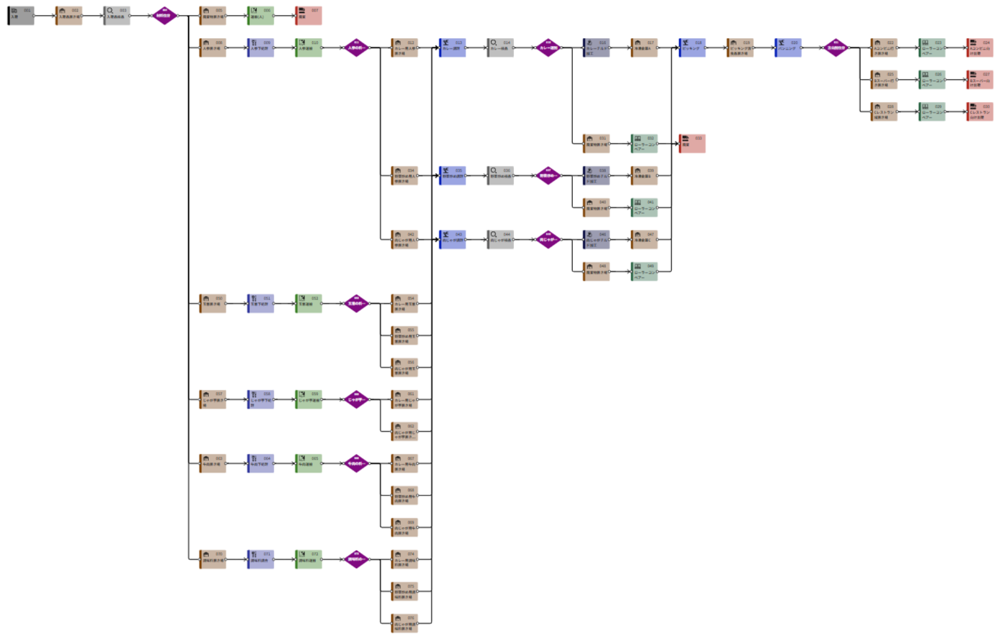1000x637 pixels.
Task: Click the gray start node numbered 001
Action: pos(21,16)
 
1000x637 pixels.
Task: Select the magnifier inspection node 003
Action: pos(117,16)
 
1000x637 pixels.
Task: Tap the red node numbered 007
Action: pos(309,16)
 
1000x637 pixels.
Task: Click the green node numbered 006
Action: pos(261,16)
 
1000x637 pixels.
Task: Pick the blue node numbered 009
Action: pos(261,48)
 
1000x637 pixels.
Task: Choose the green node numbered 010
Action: pos(309,48)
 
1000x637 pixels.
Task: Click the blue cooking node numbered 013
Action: pos(452,48)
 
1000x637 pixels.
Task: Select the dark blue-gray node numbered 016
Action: pos(597,48)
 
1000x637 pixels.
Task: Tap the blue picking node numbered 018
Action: pos(692,48)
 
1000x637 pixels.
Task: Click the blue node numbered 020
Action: pos(788,48)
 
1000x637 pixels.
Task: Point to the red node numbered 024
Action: pos(980,48)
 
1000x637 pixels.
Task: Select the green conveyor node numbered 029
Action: pos(932,112)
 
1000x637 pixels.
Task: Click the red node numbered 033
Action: pos(692,144)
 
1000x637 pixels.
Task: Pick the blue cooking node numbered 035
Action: pos(452,176)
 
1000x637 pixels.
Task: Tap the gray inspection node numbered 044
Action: pos(500,240)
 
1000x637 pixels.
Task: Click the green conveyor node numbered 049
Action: pos(644,271)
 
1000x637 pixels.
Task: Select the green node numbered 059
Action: pos(309,400)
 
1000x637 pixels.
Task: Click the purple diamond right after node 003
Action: pos(164,16)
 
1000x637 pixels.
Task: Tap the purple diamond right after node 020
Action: pos(836,48)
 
